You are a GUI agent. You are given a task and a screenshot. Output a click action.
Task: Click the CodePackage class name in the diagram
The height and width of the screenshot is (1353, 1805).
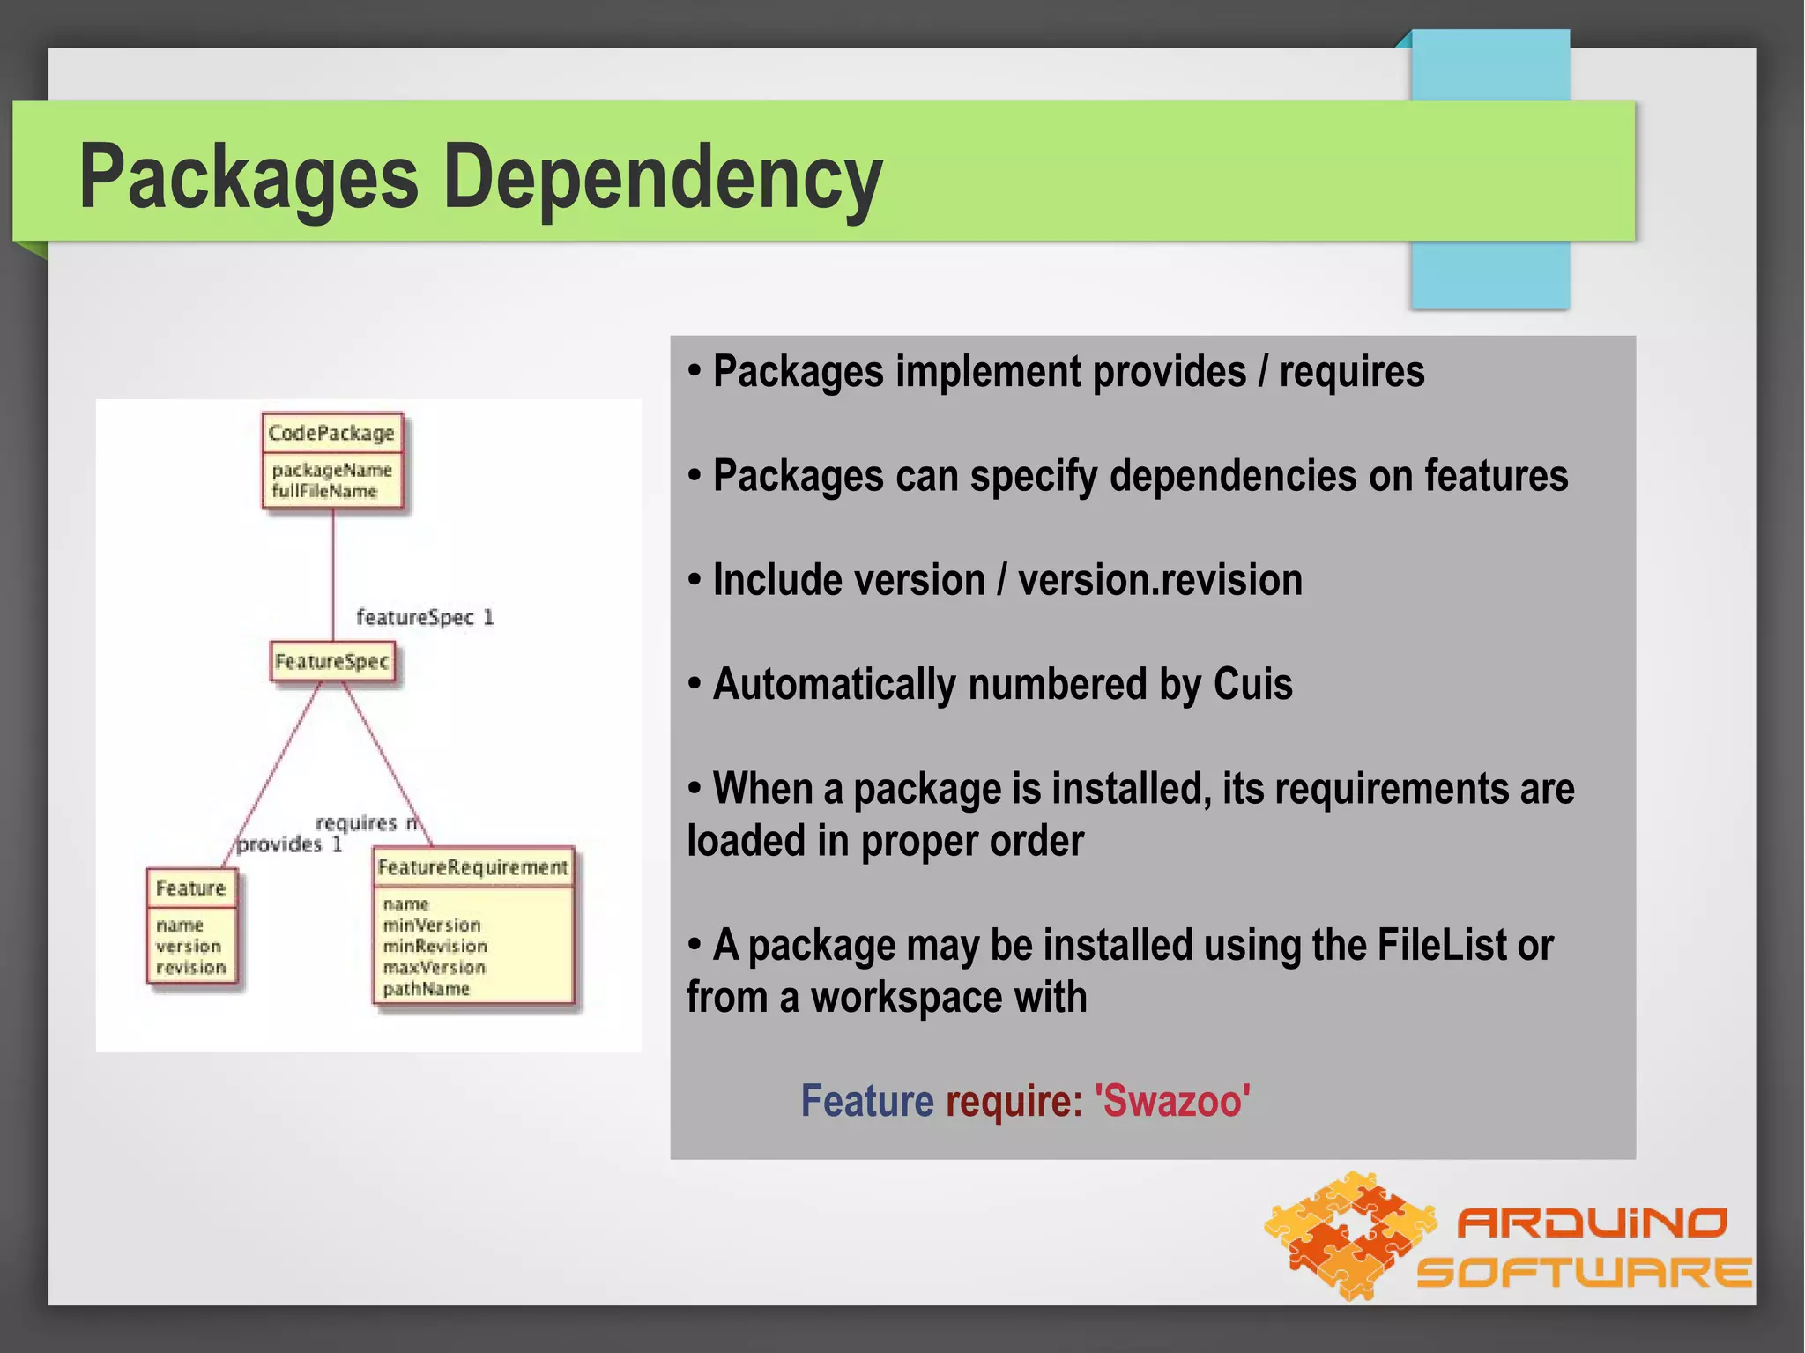click(331, 433)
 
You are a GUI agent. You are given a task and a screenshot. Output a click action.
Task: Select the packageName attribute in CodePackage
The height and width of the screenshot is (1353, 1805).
click(331, 470)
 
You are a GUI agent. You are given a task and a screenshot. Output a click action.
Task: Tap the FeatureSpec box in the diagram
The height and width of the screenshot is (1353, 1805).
click(331, 661)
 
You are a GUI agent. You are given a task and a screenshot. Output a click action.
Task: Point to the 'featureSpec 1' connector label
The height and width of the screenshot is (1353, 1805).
click(424, 617)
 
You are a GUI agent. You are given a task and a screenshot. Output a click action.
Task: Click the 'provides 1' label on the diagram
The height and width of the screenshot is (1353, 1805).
click(289, 844)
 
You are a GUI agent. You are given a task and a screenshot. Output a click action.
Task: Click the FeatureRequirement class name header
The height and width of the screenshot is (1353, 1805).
click(472, 867)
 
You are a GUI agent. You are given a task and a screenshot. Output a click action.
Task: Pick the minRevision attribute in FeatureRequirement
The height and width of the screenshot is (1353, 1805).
click(435, 946)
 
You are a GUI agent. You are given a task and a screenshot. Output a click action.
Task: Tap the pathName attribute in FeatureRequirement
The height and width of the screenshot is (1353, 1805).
click(426, 989)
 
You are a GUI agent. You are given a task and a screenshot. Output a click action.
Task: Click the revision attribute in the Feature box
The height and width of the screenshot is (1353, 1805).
click(191, 968)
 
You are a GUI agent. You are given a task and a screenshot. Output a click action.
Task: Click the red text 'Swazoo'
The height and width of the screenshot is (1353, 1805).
click(1172, 1101)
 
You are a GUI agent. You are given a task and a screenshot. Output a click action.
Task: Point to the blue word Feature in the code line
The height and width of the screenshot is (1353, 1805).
click(866, 1101)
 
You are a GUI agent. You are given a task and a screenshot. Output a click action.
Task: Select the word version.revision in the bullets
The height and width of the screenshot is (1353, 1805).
click(1160, 580)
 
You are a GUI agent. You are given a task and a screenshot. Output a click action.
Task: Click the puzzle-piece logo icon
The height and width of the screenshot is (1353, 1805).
click(1348, 1234)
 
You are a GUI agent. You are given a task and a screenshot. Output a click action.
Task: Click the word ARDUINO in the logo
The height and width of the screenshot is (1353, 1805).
click(1591, 1223)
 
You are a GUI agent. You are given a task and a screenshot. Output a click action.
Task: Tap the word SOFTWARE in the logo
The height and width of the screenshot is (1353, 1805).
click(1584, 1272)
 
